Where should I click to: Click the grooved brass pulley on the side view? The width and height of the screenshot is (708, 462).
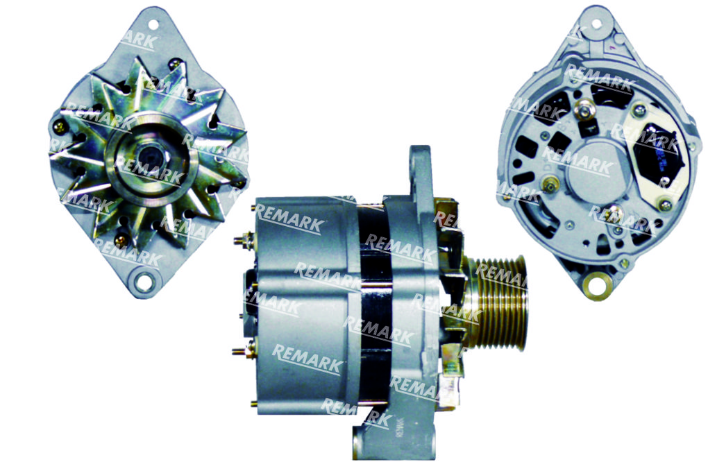[498, 302]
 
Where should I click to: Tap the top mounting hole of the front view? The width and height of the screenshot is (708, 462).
[153, 24]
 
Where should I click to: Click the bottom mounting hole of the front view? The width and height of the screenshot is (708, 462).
[143, 282]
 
